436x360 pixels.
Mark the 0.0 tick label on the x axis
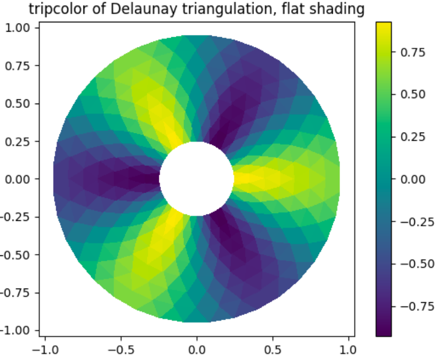point(196,347)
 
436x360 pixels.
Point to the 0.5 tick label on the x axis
point(272,347)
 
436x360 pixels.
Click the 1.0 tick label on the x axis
point(348,347)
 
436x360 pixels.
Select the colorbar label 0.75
point(413,52)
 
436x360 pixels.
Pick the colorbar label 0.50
point(413,94)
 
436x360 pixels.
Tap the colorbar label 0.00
point(413,179)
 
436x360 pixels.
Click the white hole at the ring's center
point(196,178)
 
